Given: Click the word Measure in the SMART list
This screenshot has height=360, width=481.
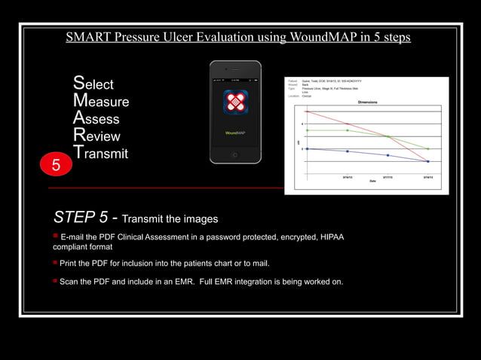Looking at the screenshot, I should [100, 102].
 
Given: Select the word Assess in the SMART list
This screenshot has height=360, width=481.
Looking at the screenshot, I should [96, 119].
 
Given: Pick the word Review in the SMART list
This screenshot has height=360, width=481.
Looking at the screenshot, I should [97, 136].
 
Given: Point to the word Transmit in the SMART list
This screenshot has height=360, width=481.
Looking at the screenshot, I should [100, 154].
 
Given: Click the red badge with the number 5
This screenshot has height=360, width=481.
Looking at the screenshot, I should [55, 163].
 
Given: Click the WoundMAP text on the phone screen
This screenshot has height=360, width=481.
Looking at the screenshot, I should [235, 133].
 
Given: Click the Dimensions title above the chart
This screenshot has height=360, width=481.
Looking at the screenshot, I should [367, 101].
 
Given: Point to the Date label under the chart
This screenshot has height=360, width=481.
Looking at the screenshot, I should [372, 181].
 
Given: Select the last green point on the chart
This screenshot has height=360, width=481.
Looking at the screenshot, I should [428, 148].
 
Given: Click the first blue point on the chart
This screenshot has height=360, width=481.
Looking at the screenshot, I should [307, 148].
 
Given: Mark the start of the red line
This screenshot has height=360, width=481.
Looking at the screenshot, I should [307, 111].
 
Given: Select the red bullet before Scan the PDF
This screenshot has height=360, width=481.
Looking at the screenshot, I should [55, 281].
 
